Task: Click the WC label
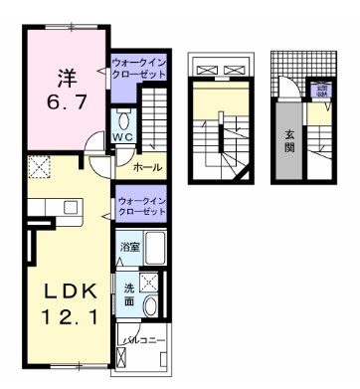(x=121, y=136)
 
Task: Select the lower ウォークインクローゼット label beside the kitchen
(x=141, y=207)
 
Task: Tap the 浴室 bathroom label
(x=129, y=246)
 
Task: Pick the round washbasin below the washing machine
(x=149, y=305)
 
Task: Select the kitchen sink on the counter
(x=72, y=207)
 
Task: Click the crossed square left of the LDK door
(x=41, y=167)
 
